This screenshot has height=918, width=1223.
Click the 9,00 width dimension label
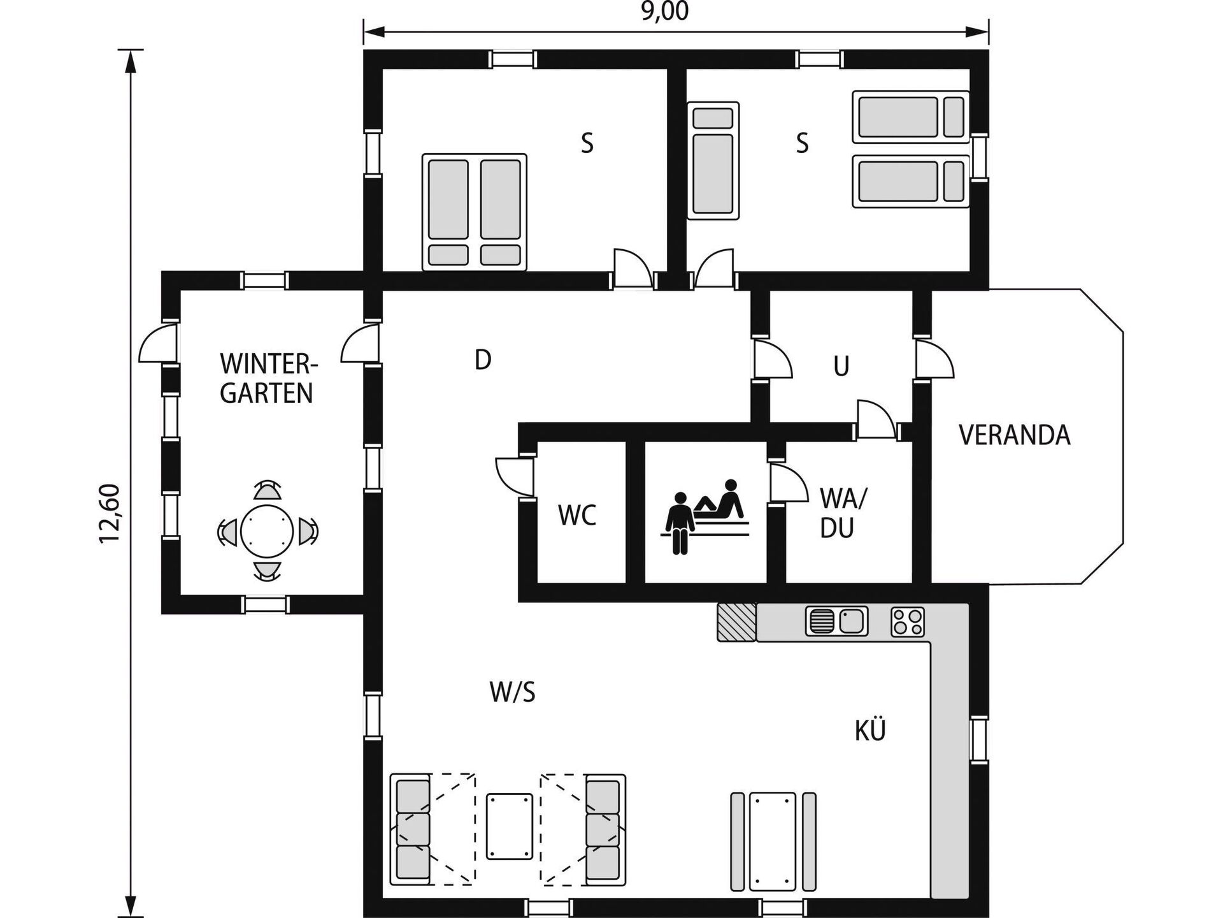click(x=664, y=11)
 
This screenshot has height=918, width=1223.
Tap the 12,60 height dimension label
click(x=110, y=514)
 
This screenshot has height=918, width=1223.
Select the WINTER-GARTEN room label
click(x=268, y=379)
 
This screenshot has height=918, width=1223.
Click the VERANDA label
click(x=1014, y=435)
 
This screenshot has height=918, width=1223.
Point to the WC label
click(x=577, y=516)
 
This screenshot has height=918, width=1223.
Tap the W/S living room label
click(x=512, y=692)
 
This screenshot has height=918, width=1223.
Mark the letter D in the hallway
click(x=483, y=360)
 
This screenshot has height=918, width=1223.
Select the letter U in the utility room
click(x=841, y=367)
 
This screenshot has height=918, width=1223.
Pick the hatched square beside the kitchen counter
click(x=737, y=622)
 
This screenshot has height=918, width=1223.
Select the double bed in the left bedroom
click(x=475, y=212)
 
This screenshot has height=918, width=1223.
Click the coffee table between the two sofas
click(x=510, y=826)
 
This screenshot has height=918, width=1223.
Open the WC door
click(x=515, y=476)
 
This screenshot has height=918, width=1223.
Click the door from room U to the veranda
click(x=934, y=360)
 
